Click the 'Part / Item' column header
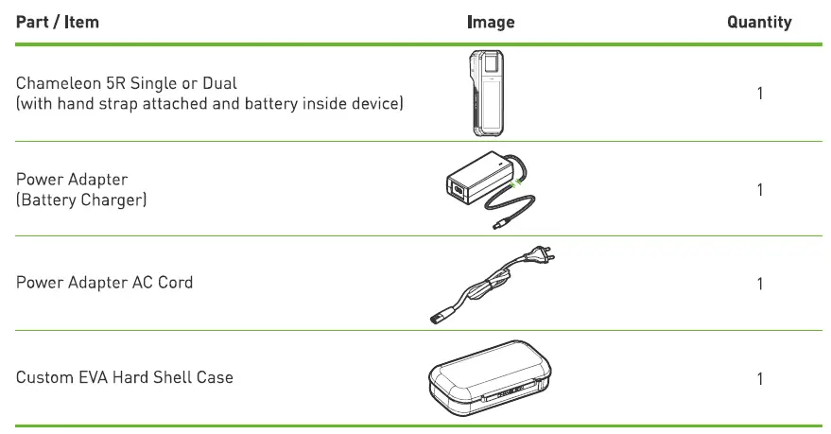[58, 22]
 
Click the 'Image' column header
[491, 22]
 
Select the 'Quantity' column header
[759, 22]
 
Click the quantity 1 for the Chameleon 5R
[760, 94]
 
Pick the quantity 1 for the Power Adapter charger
[760, 190]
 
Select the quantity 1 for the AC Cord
[760, 284]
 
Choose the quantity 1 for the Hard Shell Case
[760, 379]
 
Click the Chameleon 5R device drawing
[484, 95]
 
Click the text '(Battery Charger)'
[80, 200]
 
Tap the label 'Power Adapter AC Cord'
[104, 283]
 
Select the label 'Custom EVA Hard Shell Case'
[124, 378]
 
